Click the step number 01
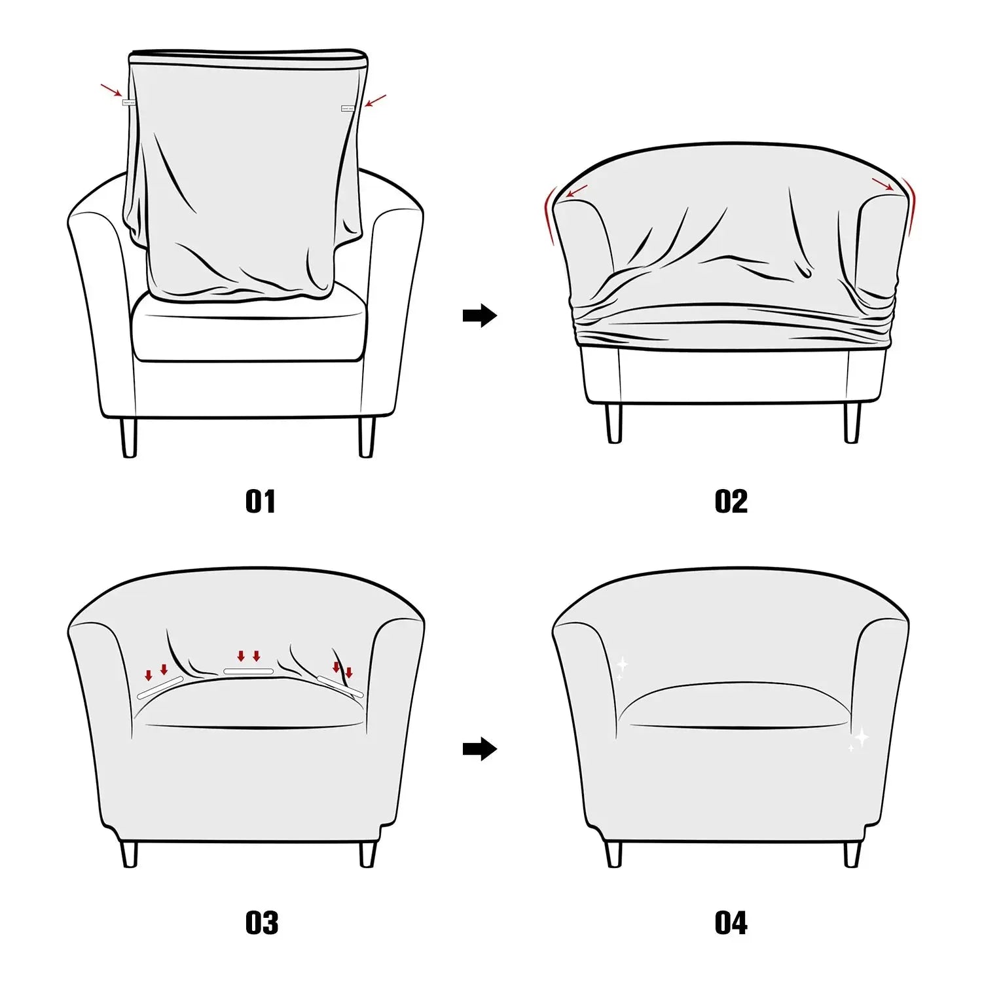(x=261, y=501)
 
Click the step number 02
(x=731, y=501)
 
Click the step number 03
(x=261, y=923)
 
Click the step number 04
(x=731, y=923)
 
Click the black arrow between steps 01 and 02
(x=480, y=316)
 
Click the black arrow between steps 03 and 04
(x=480, y=749)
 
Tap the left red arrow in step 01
(x=111, y=90)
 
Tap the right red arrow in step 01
(x=376, y=101)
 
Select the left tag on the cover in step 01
(x=128, y=102)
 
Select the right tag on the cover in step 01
(x=348, y=109)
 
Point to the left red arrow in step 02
(x=576, y=191)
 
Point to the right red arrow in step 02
(x=882, y=185)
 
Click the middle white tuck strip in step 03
(x=248, y=672)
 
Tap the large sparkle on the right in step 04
(x=862, y=737)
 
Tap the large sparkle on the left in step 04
(x=622, y=665)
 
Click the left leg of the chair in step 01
(x=129, y=437)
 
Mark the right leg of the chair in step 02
(x=852, y=422)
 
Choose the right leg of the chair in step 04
(x=852, y=854)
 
